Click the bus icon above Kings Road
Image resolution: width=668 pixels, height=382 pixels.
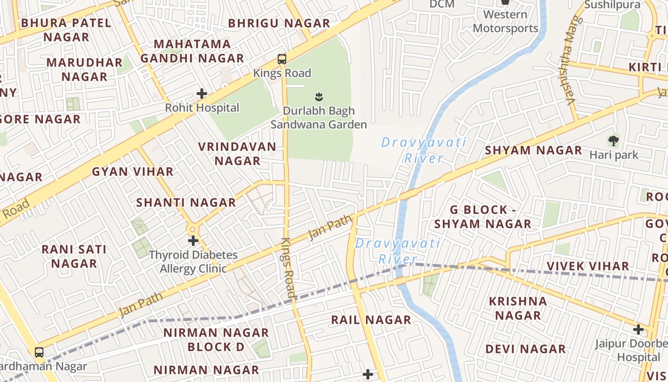tap(282, 59)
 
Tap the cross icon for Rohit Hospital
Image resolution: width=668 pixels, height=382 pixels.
tap(202, 93)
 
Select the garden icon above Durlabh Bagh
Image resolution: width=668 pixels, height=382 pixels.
tap(319, 97)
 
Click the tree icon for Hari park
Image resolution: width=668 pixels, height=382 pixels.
tap(614, 141)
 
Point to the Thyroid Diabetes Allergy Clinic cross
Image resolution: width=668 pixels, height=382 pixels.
tap(193, 241)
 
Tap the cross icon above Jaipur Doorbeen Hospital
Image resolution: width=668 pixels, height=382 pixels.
tap(638, 329)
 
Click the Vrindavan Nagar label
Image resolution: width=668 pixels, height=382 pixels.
tap(238, 154)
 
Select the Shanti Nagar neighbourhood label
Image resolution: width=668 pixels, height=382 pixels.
tap(186, 202)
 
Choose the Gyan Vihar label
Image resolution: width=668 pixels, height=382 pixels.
tap(133, 171)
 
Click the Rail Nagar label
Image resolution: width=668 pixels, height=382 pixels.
tap(371, 320)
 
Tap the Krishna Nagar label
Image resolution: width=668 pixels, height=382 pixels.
tap(518, 308)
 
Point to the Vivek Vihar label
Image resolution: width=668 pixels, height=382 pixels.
tap(588, 266)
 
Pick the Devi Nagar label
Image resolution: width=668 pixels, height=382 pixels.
tap(525, 349)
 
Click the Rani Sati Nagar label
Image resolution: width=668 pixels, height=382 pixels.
tap(74, 256)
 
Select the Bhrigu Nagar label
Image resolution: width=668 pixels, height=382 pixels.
tap(279, 23)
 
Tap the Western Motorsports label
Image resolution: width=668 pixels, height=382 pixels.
tap(505, 21)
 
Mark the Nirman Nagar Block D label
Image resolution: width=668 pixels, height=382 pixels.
tap(216, 340)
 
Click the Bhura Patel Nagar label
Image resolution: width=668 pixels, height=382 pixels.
tap(66, 30)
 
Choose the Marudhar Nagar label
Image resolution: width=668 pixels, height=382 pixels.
tap(84, 69)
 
